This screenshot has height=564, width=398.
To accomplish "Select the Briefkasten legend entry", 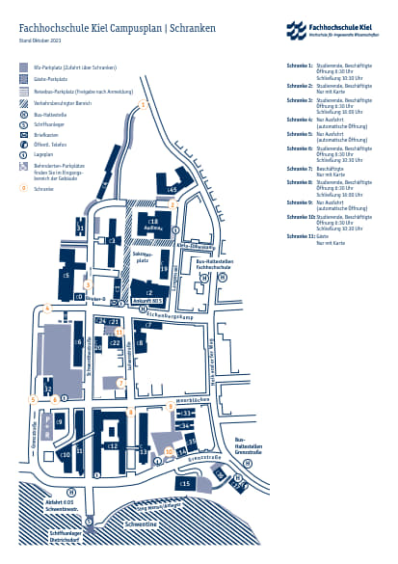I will pyautogui.click(x=48, y=134).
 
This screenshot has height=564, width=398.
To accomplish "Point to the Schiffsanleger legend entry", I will pyautogui.click(x=51, y=124).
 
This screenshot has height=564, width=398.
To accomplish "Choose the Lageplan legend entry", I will pyautogui.click(x=43, y=153).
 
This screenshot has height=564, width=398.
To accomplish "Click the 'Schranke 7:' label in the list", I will pyautogui.click(x=299, y=168).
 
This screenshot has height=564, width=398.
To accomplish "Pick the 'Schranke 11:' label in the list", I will pyautogui.click(x=300, y=235).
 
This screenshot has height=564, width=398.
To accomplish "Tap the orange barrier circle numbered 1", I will pyautogui.click(x=144, y=104).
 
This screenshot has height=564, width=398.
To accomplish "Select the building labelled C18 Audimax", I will pyautogui.click(x=153, y=226).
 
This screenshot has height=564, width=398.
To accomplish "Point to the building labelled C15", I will pyautogui.click(x=184, y=482).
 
